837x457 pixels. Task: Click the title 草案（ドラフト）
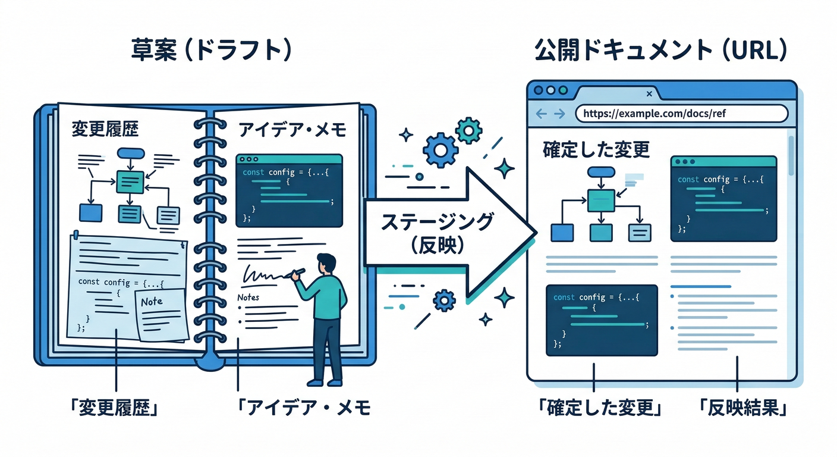tap(212, 51)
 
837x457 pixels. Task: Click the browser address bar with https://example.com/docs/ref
tap(681, 113)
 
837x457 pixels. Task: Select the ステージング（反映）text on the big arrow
tap(437, 233)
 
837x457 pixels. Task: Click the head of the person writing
tap(325, 264)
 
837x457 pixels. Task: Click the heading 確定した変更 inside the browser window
tap(596, 149)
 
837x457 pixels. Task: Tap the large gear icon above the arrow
tap(440, 150)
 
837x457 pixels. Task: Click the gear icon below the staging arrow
tap(443, 301)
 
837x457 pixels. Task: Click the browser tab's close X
tap(649, 94)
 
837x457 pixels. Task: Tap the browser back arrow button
tap(540, 114)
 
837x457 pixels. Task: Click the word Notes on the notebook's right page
tap(248, 297)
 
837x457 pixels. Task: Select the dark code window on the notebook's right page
tap(289, 190)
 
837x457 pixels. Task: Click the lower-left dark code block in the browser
tap(601, 320)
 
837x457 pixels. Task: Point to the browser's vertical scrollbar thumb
tap(791, 156)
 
